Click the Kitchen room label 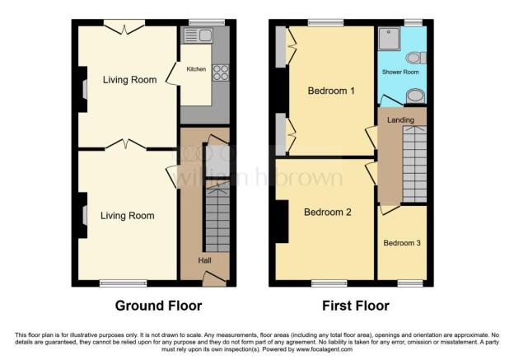(196, 69)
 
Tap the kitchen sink (199, 35)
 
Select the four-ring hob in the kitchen (221, 72)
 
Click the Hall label (204, 260)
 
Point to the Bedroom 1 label (331, 91)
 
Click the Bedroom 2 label (328, 213)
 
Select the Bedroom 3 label (402, 243)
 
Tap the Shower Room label (400, 72)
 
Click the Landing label (400, 120)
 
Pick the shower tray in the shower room (389, 39)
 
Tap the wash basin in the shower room (415, 96)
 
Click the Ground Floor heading (158, 306)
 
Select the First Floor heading (356, 306)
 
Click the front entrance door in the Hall (214, 278)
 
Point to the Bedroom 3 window (410, 283)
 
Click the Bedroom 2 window (329, 283)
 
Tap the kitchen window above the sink (207, 22)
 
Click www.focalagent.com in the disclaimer (325, 349)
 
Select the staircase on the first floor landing (414, 164)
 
